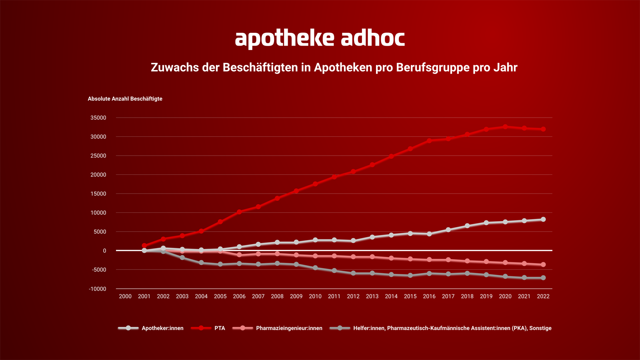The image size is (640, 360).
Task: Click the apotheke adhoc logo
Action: pyautogui.click(x=320, y=38)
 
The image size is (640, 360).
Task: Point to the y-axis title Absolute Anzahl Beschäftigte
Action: pyautogui.click(x=125, y=99)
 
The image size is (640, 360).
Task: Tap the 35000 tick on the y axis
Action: pyautogui.click(x=98, y=118)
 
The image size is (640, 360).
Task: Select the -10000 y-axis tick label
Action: pyautogui.click(x=98, y=289)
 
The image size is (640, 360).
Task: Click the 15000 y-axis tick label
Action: pyautogui.click(x=98, y=194)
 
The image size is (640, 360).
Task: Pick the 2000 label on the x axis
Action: pyautogui.click(x=125, y=296)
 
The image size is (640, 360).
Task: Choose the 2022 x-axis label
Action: pyautogui.click(x=543, y=296)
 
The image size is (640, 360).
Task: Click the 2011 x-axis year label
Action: pyautogui.click(x=334, y=296)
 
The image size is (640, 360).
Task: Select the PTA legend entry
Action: pyautogui.click(x=219, y=328)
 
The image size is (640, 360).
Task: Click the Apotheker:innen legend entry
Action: pyautogui.click(x=162, y=328)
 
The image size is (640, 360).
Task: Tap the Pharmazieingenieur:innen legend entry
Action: pyautogui.click(x=289, y=328)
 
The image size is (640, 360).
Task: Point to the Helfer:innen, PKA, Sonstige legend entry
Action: pyautogui.click(x=452, y=328)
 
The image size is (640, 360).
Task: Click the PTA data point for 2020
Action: pyautogui.click(x=505, y=127)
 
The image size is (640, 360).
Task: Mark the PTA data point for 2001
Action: pyautogui.click(x=144, y=246)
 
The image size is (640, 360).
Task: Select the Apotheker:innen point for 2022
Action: pyautogui.click(x=543, y=220)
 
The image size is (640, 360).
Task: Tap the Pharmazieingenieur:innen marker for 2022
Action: pyautogui.click(x=543, y=265)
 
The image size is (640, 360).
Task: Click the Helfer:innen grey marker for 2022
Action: pyautogui.click(x=543, y=278)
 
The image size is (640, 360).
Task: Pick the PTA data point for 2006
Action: pyautogui.click(x=239, y=212)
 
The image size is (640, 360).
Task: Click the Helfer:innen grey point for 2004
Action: pyautogui.click(x=201, y=263)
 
